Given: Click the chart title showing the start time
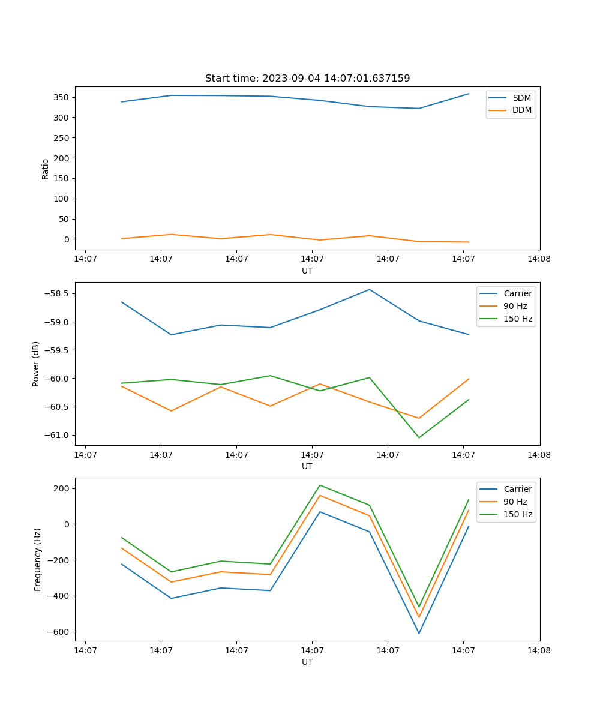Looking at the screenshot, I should (307, 79).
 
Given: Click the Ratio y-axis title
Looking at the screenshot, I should (46, 169).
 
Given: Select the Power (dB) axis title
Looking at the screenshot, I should (36, 364).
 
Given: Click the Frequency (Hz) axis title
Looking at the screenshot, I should (38, 559).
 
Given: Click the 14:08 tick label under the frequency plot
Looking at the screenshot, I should (538, 650).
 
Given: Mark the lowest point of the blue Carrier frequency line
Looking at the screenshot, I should (419, 633).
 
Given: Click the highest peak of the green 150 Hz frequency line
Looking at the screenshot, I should (320, 485).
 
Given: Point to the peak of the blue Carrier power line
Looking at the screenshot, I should (370, 289).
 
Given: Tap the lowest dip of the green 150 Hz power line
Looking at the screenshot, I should (419, 437).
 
